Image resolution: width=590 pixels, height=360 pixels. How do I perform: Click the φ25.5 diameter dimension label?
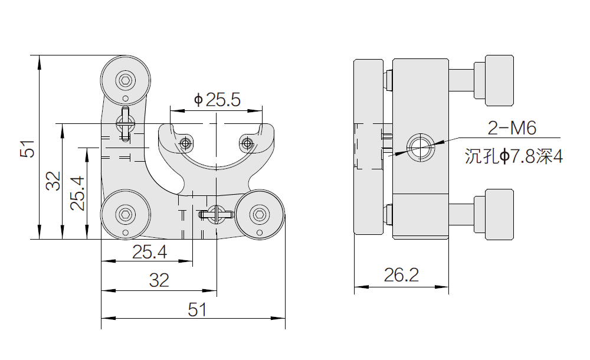coord(217,100)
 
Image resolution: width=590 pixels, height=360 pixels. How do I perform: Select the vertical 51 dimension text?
coord(28,148)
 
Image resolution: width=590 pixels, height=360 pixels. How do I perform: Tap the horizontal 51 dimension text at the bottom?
coord(197,310)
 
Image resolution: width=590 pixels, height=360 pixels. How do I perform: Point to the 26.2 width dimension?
coord(401,275)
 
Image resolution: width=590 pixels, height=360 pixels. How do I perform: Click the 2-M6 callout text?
coord(512,128)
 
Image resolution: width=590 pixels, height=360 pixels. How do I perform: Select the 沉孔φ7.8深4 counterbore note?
coord(514,156)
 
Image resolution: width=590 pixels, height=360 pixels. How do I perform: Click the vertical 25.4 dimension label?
coord(77,193)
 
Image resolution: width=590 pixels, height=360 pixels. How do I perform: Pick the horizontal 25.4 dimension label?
coord(149,251)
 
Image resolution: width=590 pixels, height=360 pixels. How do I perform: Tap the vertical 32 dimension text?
coord(53,181)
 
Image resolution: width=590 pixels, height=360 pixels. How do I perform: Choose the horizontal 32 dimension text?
coord(159,280)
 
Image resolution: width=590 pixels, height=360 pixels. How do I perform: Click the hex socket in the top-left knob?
coord(126,81)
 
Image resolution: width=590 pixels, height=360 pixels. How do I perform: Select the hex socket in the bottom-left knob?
coord(126,215)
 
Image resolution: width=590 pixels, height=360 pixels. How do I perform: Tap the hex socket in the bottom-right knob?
coord(260,215)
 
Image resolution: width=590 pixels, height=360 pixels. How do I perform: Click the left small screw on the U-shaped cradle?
coord(185,143)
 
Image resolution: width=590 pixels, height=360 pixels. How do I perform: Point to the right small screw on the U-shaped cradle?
coord(247,143)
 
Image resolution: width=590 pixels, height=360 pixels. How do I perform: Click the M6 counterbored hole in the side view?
coord(421,147)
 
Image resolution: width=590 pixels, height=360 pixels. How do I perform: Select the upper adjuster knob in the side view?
coord(494,81)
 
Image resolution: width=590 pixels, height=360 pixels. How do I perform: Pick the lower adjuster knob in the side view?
coord(494,215)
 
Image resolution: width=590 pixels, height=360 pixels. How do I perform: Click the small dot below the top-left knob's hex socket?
coord(126,99)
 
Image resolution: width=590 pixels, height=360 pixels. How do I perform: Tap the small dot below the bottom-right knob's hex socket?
coord(259,233)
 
